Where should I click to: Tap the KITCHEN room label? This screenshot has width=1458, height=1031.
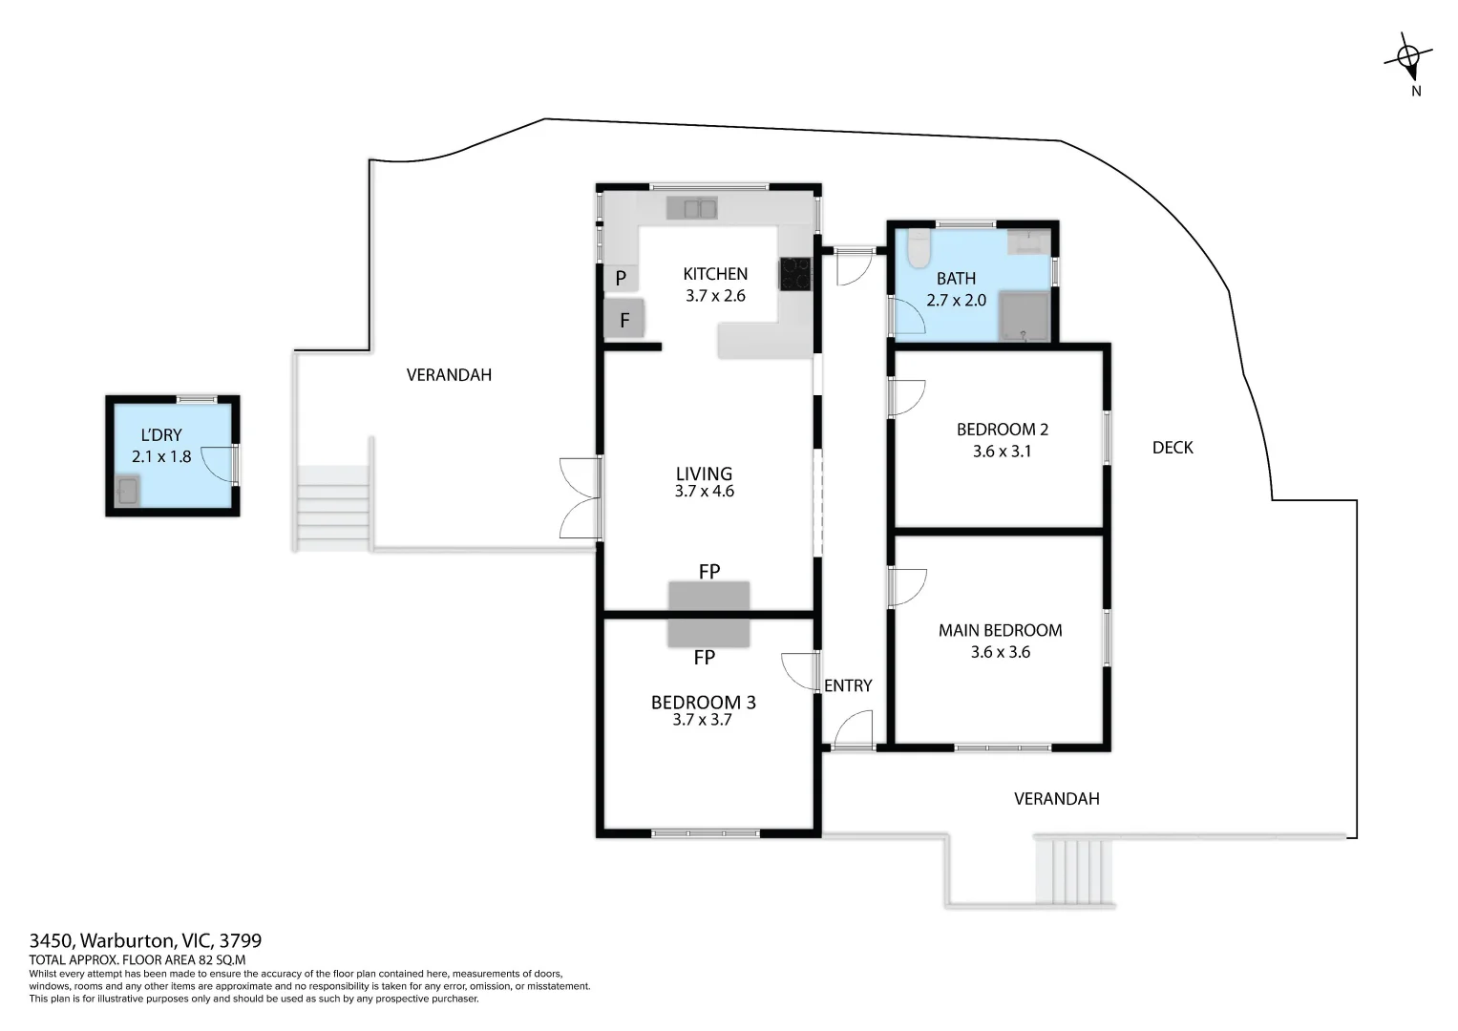[x=715, y=274]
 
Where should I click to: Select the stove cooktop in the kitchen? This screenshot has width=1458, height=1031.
[x=796, y=273]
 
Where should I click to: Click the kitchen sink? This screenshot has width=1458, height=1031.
[x=692, y=208]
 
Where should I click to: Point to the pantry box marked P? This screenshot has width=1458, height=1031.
[x=621, y=279]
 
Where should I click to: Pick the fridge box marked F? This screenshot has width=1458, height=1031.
[x=624, y=319]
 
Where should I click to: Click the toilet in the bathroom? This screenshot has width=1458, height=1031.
[x=919, y=248]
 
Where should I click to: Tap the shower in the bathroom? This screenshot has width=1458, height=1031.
[x=1025, y=316]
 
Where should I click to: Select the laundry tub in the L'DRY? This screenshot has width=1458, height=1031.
[x=128, y=490]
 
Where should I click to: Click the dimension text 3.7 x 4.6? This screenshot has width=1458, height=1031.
[x=705, y=491]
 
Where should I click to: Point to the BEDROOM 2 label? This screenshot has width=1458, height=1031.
[x=1003, y=430]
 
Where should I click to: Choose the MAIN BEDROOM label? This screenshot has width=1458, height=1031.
[x=1001, y=630]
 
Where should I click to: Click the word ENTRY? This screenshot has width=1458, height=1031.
[x=848, y=685]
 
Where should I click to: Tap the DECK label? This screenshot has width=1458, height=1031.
[x=1173, y=448]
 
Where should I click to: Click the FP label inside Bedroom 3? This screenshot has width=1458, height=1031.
[x=705, y=658]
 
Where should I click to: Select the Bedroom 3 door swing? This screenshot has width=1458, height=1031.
[x=799, y=671]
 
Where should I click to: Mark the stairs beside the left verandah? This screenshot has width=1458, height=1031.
[x=333, y=508]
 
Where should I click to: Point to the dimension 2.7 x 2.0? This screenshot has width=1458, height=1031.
[x=956, y=300]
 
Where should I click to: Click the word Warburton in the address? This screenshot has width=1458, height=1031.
[x=128, y=940]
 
